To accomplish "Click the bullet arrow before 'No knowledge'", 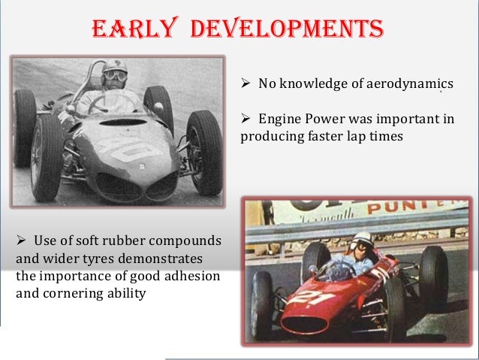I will (246, 83).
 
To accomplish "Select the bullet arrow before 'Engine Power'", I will (246, 119).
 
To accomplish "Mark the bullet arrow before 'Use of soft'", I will (21, 241).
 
